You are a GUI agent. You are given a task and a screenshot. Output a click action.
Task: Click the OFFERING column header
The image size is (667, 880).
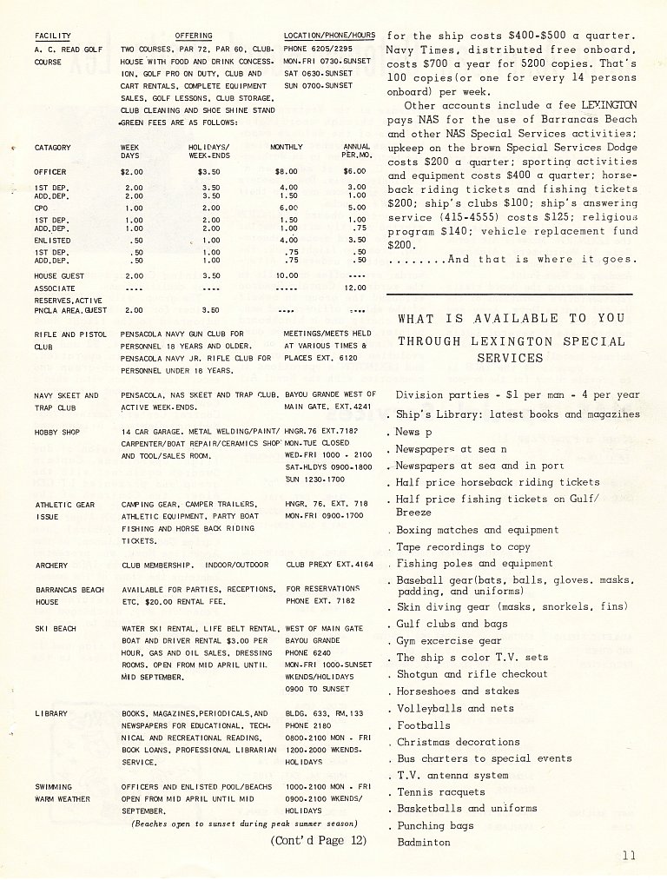pos(194,36)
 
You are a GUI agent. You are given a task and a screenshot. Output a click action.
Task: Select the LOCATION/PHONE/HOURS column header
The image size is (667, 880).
pos(329,36)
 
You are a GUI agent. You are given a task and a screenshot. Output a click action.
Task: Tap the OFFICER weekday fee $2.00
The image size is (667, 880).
pos(132,172)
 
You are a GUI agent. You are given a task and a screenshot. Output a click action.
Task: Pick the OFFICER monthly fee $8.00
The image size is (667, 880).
pos(287,172)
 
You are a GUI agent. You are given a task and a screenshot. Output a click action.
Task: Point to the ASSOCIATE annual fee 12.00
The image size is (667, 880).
pos(355,288)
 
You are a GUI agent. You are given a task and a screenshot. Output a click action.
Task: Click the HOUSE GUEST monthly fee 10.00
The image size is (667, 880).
pos(287,275)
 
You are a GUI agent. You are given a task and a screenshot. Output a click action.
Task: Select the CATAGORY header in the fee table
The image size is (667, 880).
pos(53,148)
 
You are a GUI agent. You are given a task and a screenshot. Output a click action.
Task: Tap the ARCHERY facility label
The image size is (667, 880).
pos(50,565)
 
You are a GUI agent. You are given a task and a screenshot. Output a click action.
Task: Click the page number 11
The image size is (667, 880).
pos(629,856)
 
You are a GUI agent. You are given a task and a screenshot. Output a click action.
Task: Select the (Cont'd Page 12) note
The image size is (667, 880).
pos(318,840)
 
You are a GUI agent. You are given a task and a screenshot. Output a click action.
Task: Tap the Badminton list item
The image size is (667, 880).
pos(424,842)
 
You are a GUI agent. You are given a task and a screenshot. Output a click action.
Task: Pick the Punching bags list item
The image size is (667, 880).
pos(435,825)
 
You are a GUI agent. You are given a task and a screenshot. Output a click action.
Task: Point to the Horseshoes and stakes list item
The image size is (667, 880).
pos(458,691)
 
